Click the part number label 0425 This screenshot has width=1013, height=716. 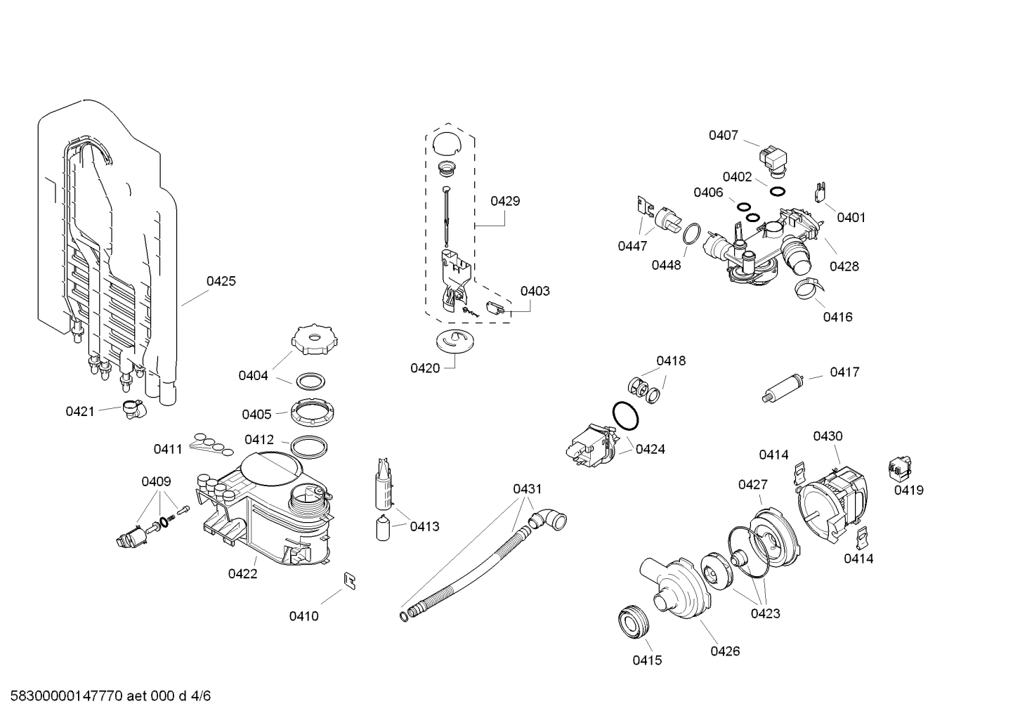point(221,281)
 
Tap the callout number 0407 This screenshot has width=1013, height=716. point(723,135)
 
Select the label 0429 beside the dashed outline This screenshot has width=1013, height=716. point(505,201)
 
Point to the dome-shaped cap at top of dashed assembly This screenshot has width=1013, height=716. point(445,141)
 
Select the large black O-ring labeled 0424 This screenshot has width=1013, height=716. point(626,416)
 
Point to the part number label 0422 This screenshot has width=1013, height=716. point(242,573)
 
